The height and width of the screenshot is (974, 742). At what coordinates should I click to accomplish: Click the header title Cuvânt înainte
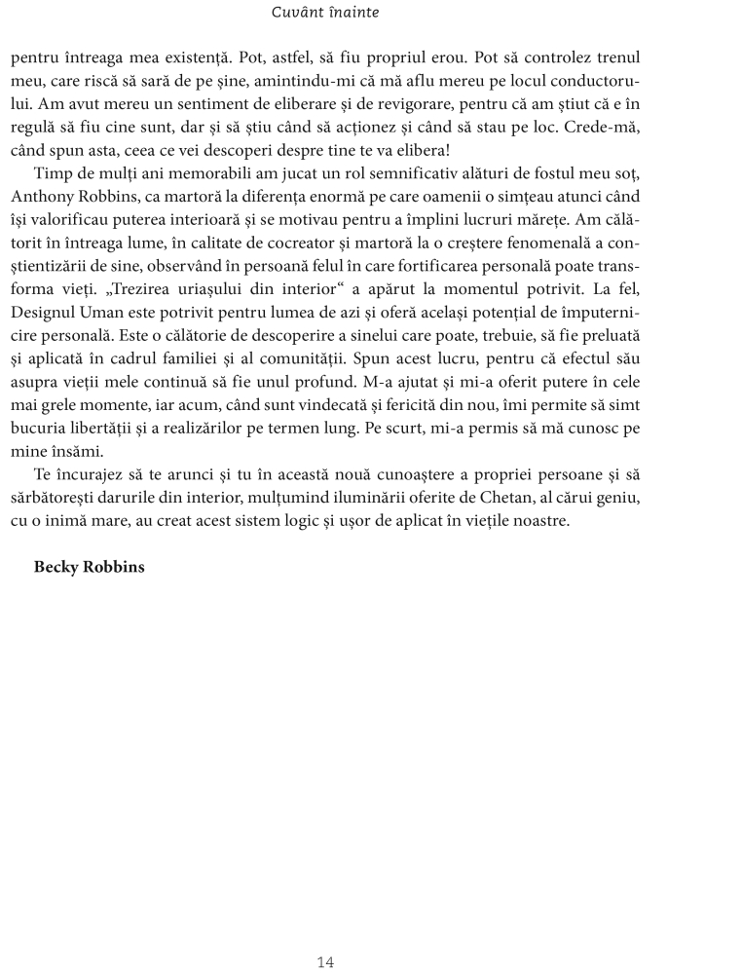pos(325,13)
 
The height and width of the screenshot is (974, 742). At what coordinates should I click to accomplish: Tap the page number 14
pos(325,962)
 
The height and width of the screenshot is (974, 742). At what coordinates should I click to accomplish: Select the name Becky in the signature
pos(57,567)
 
